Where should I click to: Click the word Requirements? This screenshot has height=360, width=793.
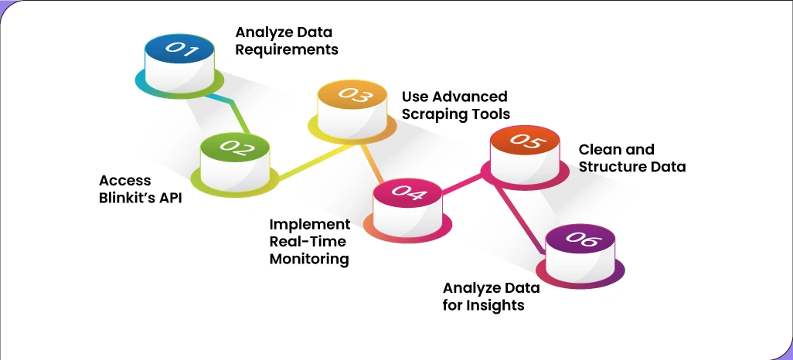(x=287, y=50)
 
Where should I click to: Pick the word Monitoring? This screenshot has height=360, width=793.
(x=309, y=259)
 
